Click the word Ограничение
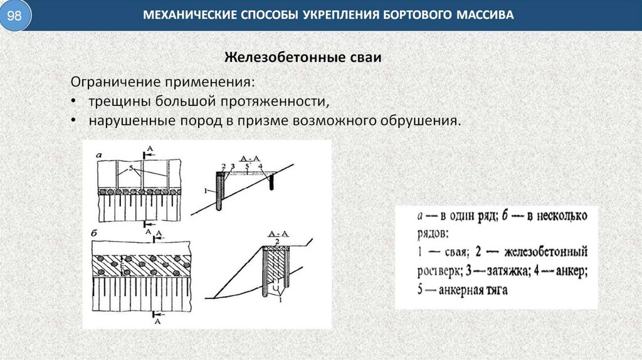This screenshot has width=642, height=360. pos(115,83)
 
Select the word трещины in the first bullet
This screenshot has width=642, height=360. pos(113,101)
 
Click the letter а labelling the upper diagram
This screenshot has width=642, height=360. pos(99,154)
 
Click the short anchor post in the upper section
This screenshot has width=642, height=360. pos(271,182)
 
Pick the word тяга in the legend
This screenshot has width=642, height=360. pos(497,290)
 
